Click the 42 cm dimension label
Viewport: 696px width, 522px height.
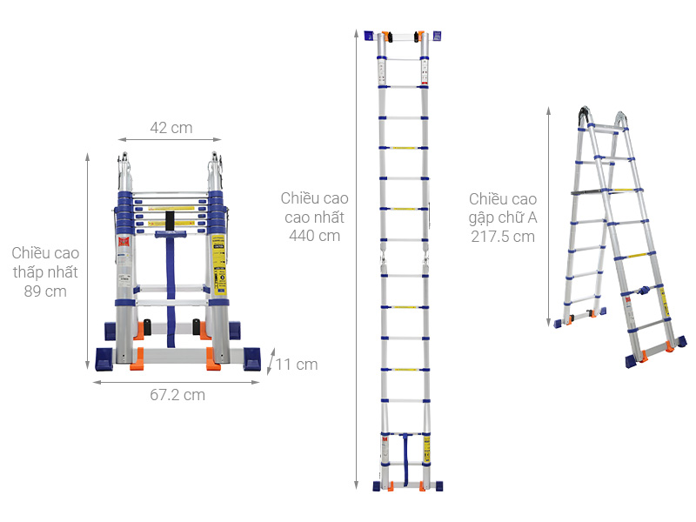tap(171, 128)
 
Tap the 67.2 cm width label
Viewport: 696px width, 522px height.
tap(177, 395)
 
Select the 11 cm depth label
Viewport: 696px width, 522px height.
tap(297, 365)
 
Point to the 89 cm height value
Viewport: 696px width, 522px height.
tap(45, 291)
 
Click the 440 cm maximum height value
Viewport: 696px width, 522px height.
tap(314, 236)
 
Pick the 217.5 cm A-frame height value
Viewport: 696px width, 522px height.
tap(503, 237)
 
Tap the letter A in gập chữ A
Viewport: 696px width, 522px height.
tap(532, 217)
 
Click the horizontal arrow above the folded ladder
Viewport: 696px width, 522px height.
tap(170, 139)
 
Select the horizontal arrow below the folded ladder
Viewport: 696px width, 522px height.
tap(177, 382)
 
